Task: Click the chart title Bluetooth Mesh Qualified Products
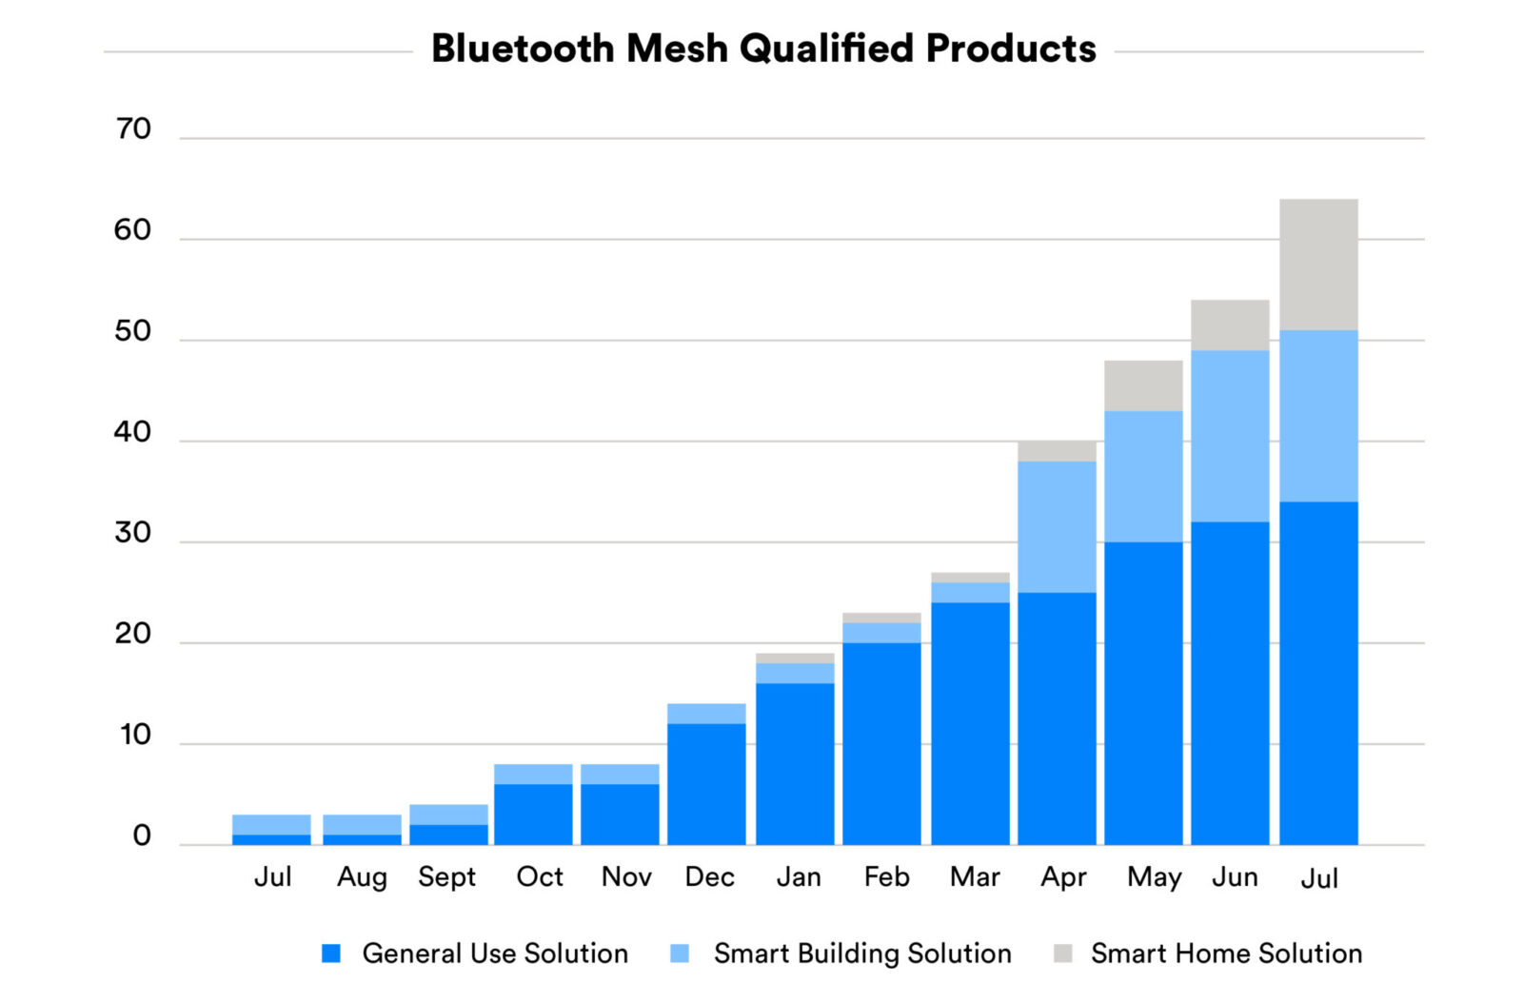click(763, 49)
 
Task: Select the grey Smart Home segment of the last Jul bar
click(1318, 265)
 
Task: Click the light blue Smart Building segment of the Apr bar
click(1057, 526)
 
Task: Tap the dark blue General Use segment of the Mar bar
click(970, 723)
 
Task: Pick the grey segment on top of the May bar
click(1143, 385)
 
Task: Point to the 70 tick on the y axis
click(133, 129)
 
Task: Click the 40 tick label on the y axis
click(133, 432)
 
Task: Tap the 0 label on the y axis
click(142, 835)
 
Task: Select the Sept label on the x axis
click(446, 876)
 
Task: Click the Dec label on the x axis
click(709, 876)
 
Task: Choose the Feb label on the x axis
click(886, 876)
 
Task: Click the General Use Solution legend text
click(495, 953)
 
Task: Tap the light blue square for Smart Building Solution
click(680, 953)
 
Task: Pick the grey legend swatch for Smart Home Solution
click(1063, 953)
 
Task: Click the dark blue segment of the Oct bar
click(533, 814)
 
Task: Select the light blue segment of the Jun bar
click(1230, 436)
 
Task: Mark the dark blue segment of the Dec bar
click(706, 784)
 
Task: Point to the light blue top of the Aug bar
click(362, 824)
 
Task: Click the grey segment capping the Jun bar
click(1230, 324)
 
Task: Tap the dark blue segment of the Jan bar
click(795, 763)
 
